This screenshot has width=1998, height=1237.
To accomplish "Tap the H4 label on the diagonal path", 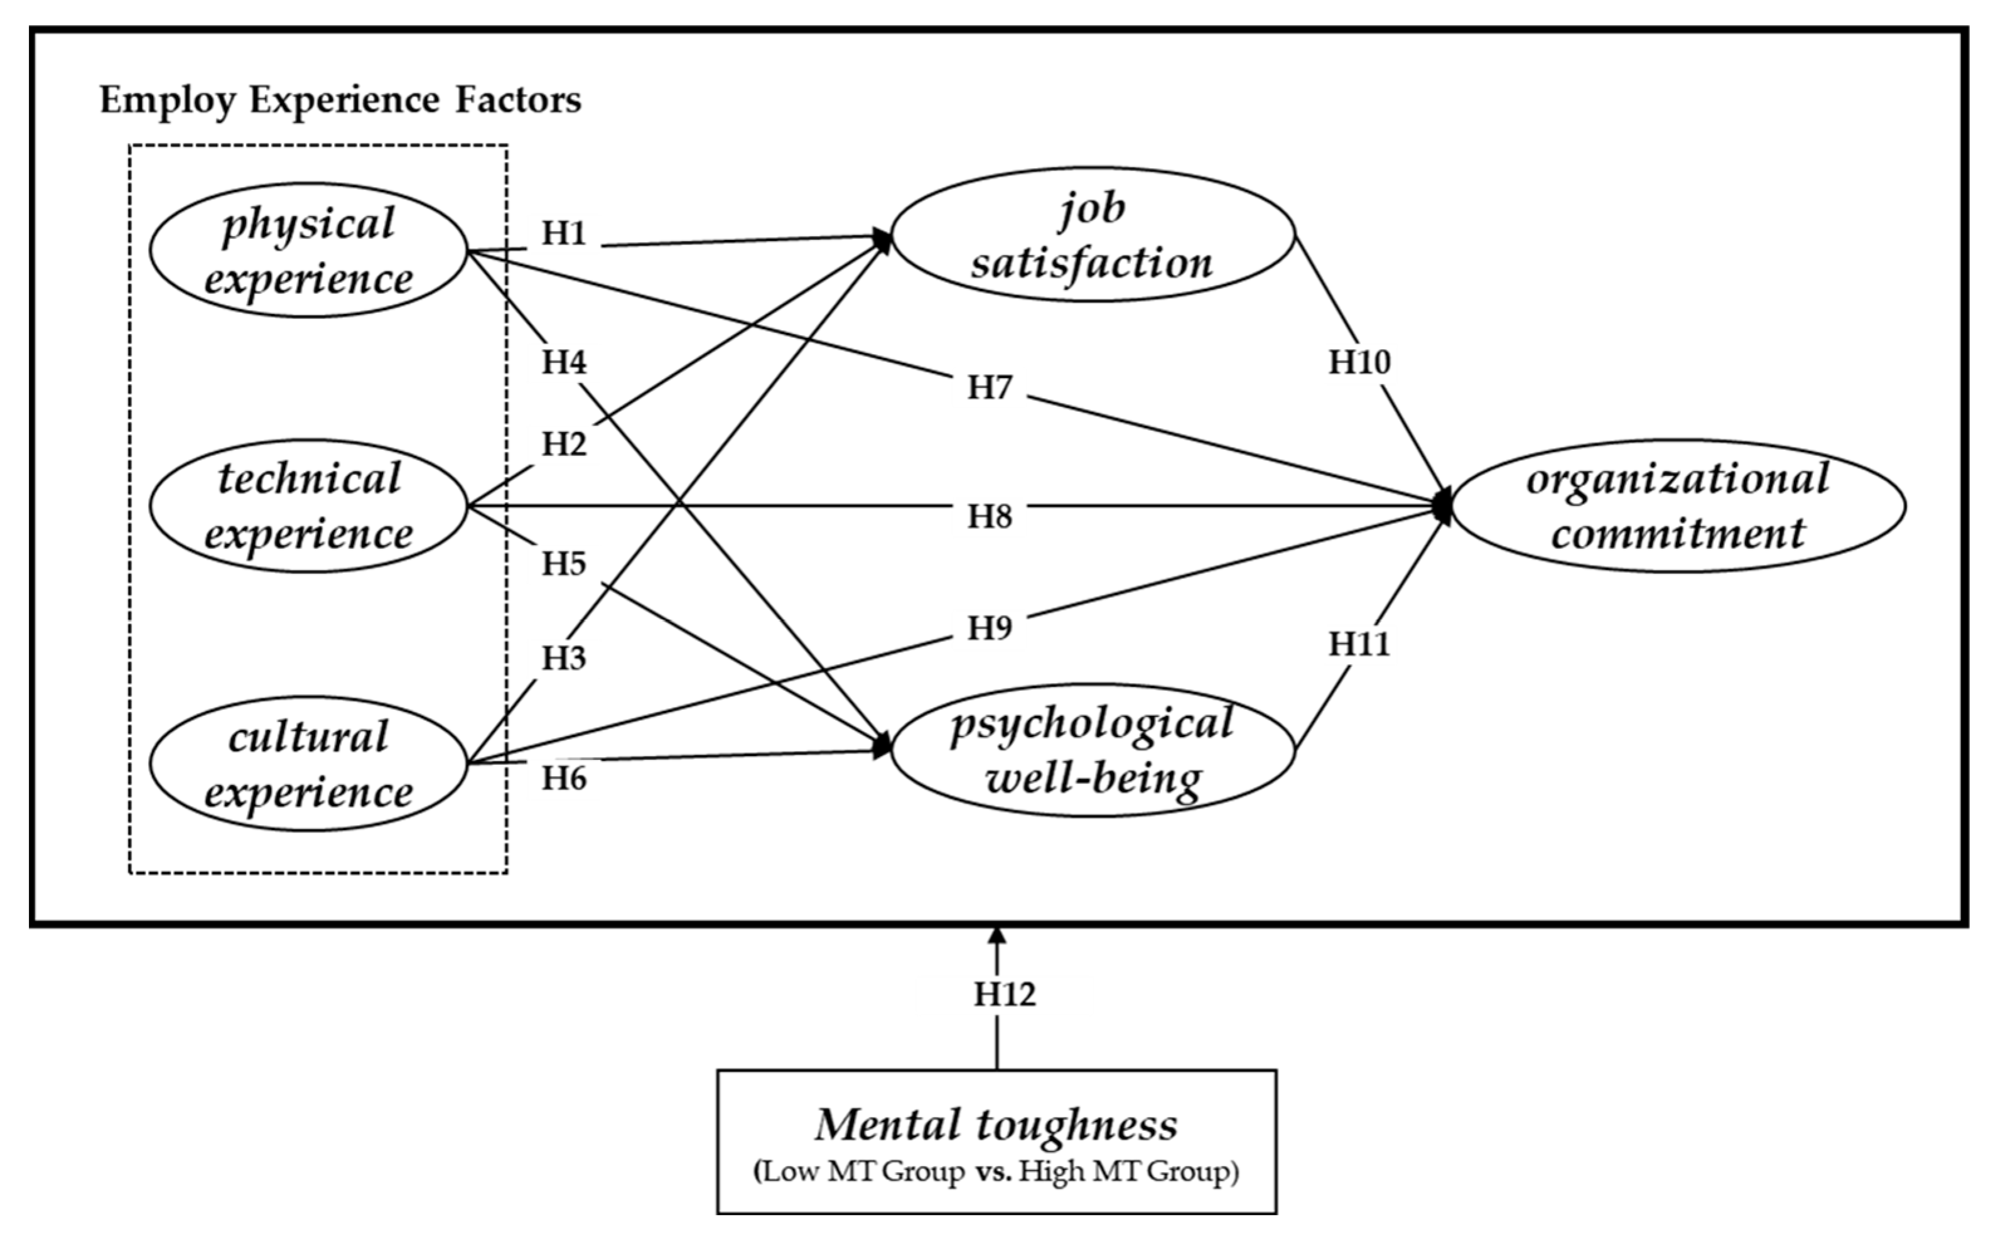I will coord(563,362).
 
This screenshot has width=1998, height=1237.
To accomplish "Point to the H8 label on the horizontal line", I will coord(990,517).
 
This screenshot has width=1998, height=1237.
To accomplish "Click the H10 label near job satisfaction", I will coord(1358,362).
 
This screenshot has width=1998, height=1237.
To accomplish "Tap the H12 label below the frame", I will coord(1004,994).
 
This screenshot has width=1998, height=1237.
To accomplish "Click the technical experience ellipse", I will coord(308,505).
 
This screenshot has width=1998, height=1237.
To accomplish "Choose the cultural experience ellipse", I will coord(308,764).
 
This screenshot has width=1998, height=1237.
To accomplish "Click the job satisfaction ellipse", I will coord(1093,235).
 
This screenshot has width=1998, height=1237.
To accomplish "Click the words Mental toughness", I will coord(996,1125).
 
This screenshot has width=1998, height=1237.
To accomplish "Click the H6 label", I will coord(563,779).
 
